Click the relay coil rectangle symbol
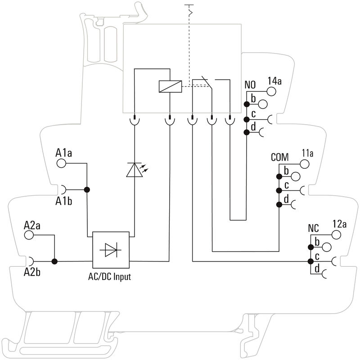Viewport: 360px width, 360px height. click(170, 86)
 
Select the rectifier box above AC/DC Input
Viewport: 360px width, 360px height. click(111, 250)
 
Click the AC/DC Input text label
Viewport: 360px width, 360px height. click(109, 277)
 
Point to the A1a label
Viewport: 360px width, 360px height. click(64, 153)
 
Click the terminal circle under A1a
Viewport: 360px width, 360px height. click(61, 163)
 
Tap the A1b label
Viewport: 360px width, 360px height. click(64, 201)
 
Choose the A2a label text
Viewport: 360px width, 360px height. click(32, 225)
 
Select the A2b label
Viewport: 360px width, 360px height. click(32, 271)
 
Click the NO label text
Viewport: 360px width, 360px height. click(250, 85)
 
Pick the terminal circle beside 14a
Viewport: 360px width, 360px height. click(272, 92)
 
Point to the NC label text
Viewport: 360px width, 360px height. click(313, 228)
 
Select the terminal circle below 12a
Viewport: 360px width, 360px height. click(336, 234)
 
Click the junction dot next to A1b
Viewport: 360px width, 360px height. click(86, 189)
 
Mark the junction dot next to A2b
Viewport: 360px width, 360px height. click(54, 261)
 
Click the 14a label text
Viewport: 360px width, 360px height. click(274, 81)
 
